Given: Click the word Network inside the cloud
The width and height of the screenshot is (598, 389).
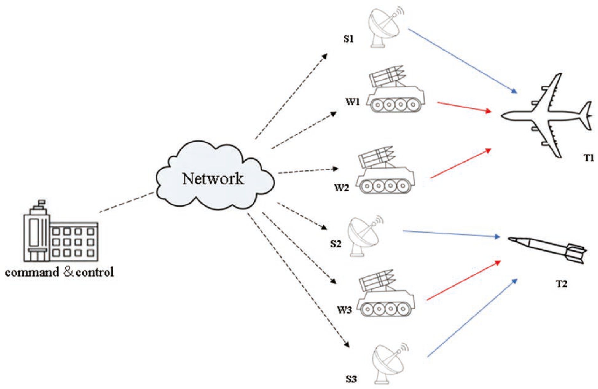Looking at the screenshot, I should (x=212, y=178).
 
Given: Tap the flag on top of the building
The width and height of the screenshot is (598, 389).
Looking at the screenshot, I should (x=42, y=202).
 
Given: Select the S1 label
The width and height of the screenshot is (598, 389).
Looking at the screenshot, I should (x=348, y=39).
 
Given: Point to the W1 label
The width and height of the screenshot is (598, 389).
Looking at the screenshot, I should (x=352, y=102).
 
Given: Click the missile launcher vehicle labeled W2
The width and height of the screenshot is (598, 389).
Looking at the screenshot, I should (x=385, y=172).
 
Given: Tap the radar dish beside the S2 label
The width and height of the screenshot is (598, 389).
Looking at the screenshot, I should (x=364, y=235).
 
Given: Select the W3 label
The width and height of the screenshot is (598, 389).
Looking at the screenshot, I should (x=344, y=309).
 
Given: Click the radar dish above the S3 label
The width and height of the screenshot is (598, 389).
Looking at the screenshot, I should (x=389, y=363).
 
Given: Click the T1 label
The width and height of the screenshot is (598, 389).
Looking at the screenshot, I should (x=588, y=158).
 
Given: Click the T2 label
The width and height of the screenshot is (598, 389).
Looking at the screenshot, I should (x=561, y=284).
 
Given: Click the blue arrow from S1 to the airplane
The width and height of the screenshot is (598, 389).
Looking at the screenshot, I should (x=461, y=60).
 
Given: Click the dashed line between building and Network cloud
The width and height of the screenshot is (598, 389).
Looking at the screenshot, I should (x=127, y=202).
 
